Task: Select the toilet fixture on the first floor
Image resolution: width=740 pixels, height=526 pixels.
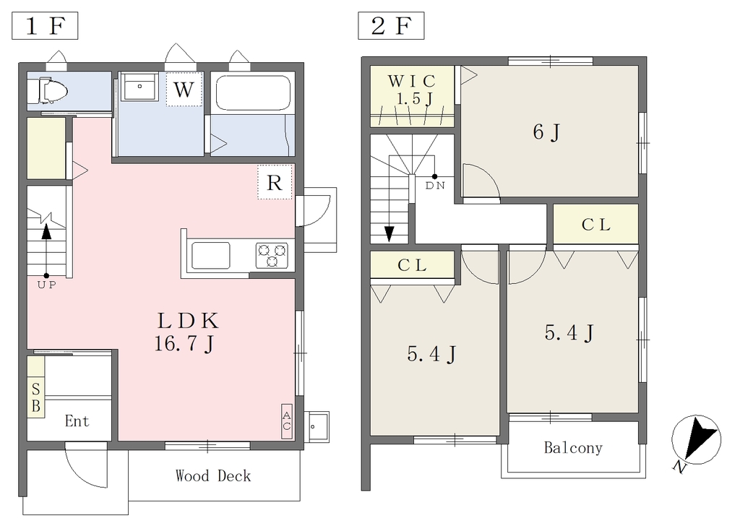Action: [47, 90]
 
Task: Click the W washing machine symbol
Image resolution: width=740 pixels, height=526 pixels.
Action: [184, 89]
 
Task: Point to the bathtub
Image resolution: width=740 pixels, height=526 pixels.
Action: [253, 92]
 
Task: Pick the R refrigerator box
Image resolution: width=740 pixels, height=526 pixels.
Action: [275, 182]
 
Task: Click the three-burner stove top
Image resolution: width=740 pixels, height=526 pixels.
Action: [272, 255]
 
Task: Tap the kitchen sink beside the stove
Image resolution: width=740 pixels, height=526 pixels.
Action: [210, 255]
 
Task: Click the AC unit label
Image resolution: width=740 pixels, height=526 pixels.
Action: [286, 421]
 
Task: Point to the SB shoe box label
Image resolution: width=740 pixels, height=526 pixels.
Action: [36, 397]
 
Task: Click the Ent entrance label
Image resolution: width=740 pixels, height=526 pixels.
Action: [77, 421]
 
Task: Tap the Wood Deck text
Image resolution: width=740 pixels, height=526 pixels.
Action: [213, 475]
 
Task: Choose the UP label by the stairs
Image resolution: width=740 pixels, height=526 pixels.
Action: [46, 285]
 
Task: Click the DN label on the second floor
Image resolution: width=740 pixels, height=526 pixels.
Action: [435, 186]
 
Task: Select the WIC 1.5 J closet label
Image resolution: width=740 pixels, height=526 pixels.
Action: [411, 90]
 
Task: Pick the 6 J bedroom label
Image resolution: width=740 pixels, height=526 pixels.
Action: [546, 132]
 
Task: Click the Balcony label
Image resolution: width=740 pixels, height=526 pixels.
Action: [573, 447]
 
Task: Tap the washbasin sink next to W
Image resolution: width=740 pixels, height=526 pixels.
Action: [139, 86]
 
